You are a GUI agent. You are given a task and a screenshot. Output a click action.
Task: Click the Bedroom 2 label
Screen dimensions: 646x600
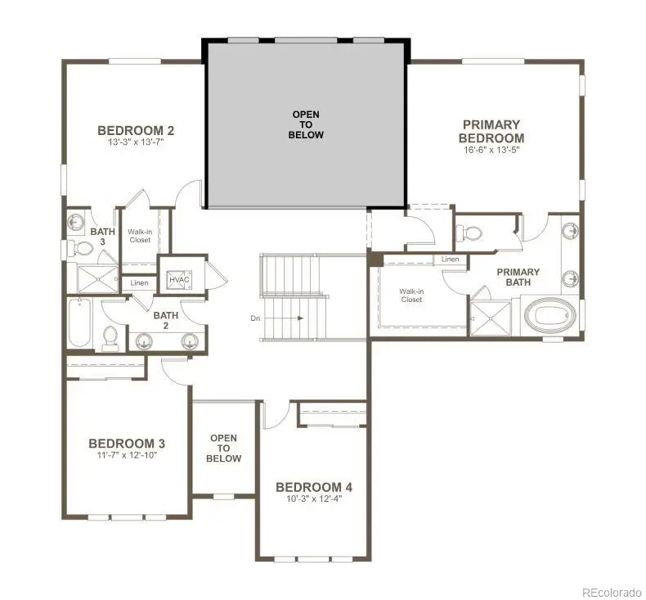point(136,130)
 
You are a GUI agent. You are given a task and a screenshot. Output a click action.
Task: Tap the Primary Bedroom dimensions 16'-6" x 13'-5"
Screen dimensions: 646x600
point(491,150)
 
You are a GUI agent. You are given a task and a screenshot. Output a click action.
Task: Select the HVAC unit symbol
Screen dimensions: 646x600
point(179,280)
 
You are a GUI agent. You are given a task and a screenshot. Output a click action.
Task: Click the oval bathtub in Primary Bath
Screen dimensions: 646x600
point(551,315)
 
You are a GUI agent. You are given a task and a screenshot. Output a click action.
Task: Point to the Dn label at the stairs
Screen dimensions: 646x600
point(255,318)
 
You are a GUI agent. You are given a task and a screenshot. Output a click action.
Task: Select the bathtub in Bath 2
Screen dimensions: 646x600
point(79,323)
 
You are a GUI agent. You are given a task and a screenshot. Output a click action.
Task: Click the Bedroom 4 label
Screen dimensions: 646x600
point(314,487)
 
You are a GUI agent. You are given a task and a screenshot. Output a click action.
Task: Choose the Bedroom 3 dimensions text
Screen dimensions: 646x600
point(128,455)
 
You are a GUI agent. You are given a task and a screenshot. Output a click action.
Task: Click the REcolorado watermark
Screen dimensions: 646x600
point(612,592)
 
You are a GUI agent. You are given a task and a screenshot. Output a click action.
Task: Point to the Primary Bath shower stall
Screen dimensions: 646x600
point(491,318)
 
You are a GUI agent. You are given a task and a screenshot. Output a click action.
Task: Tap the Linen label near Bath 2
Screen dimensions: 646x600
point(139,283)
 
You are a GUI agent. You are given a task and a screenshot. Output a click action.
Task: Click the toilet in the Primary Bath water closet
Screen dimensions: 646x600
point(469,234)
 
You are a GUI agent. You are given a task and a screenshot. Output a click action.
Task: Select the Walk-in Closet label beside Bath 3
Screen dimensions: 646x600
point(140,236)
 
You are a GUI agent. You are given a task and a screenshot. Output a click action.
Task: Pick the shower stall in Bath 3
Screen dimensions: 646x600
point(98,279)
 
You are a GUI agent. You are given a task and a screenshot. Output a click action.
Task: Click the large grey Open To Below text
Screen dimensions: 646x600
point(306,124)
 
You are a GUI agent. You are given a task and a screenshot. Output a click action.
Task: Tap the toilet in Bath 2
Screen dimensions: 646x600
point(110,339)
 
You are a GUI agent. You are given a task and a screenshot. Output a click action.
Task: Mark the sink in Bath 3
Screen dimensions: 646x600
point(75,223)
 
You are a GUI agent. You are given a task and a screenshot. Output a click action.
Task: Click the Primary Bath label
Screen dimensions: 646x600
point(518,277)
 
